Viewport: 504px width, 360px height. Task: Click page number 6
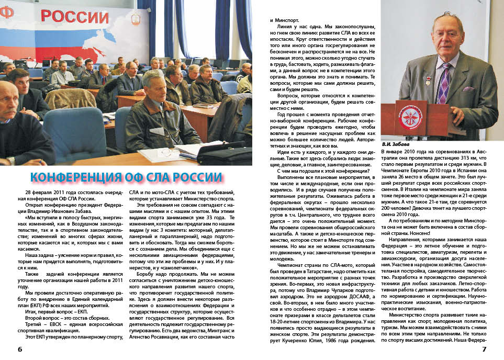(19, 349)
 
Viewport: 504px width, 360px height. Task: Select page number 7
(484, 349)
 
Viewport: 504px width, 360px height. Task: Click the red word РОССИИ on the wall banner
(74, 16)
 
